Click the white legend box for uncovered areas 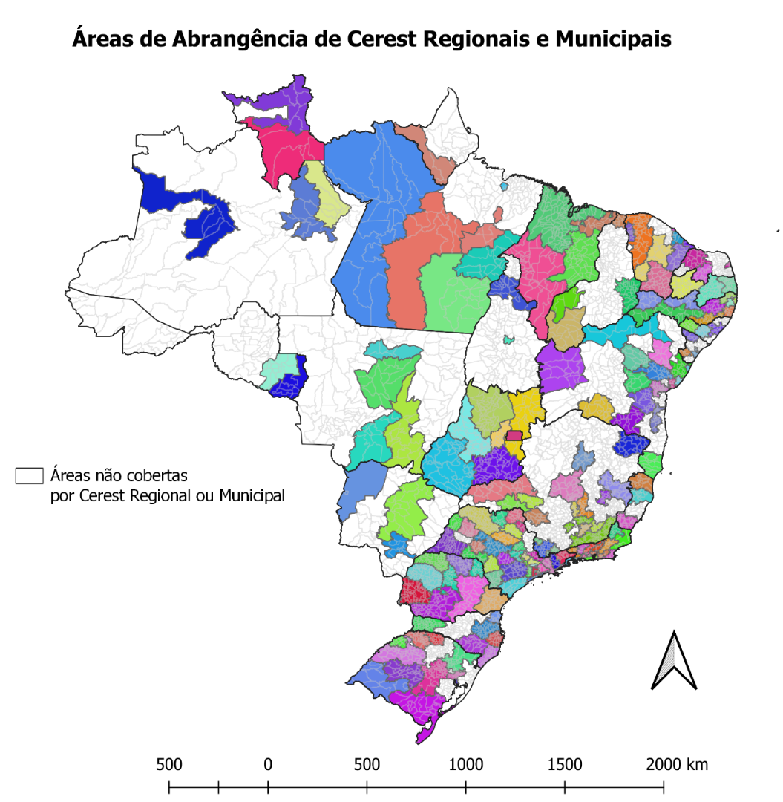[x=29, y=476]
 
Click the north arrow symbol [x=673, y=660]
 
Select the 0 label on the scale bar [x=268, y=765]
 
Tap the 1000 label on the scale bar [x=465, y=765]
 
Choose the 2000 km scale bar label [x=676, y=765]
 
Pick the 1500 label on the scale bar [x=565, y=765]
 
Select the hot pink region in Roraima [x=278, y=152]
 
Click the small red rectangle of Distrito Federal [x=514, y=435]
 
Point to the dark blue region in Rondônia [x=289, y=383]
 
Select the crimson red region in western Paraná [x=413, y=593]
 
